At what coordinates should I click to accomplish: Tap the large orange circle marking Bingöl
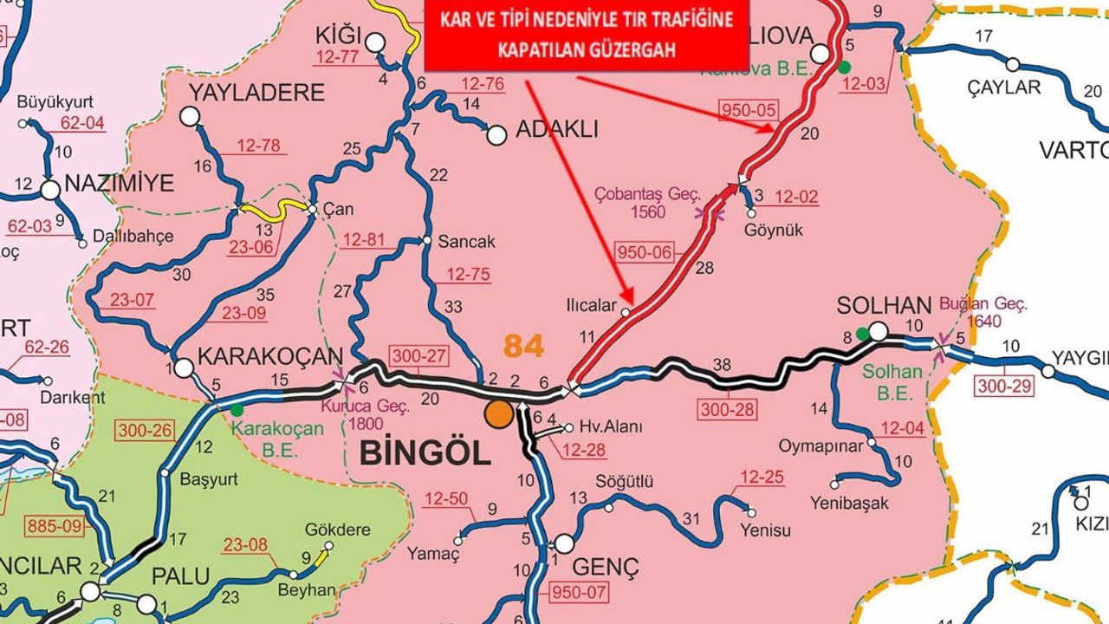[498, 413]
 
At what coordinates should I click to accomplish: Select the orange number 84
[523, 346]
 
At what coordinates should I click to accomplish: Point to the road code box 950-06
[643, 253]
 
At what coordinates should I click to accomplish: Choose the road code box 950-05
[749, 110]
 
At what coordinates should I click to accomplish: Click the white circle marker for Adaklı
[496, 135]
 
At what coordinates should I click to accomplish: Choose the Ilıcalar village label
[590, 306]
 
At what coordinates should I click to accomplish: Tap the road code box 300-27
[418, 356]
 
